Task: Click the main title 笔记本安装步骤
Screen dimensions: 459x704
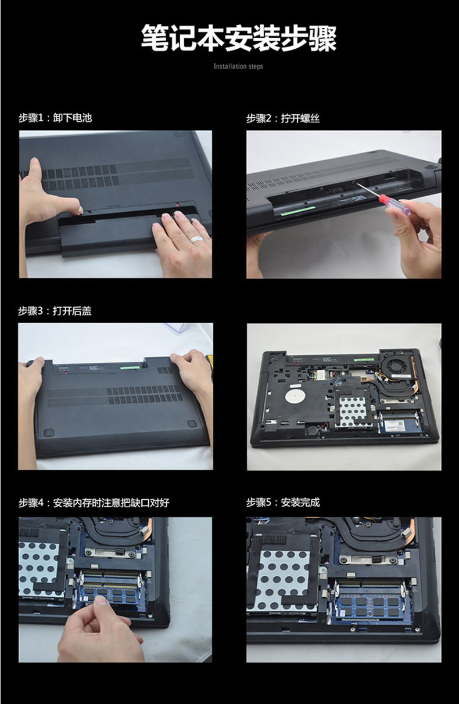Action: (x=239, y=38)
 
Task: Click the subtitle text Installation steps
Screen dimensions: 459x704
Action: (x=238, y=66)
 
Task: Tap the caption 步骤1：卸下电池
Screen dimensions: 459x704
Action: (x=55, y=118)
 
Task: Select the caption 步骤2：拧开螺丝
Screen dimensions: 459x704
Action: (x=283, y=118)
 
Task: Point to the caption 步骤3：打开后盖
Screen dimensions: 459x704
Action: (x=55, y=311)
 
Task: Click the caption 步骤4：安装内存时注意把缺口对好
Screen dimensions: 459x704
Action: (x=94, y=503)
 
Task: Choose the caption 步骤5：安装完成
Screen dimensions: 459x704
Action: (x=283, y=502)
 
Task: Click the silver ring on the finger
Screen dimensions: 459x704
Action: (x=195, y=239)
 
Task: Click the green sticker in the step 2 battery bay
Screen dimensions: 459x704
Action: (x=297, y=211)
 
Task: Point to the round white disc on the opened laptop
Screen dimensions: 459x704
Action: (x=295, y=396)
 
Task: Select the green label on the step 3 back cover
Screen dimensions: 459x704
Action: (x=130, y=366)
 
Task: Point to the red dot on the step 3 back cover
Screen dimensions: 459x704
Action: (x=66, y=373)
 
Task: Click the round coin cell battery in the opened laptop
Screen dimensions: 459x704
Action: (x=313, y=429)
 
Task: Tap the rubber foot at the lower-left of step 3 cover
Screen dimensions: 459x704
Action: (x=48, y=432)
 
